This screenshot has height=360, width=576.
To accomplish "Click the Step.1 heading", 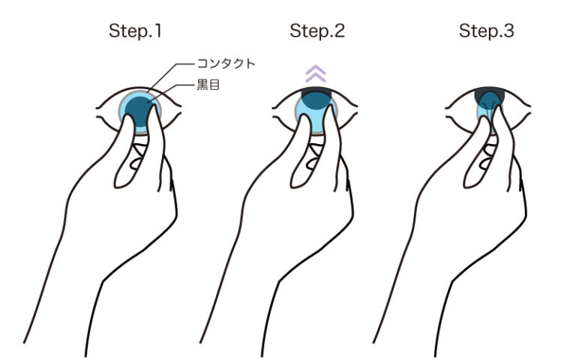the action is tap(135, 31).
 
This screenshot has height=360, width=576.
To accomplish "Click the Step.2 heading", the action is tap(317, 31).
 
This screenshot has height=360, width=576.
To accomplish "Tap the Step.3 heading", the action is tap(486, 31).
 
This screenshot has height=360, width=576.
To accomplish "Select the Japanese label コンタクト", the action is tap(226, 64).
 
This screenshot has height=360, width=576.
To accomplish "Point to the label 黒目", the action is tap(208, 85).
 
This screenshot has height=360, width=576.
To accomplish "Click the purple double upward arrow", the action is tap(316, 73).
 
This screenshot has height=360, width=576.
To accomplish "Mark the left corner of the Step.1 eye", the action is tap(97, 108).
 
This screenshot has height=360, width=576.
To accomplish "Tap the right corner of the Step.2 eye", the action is tap(357, 106).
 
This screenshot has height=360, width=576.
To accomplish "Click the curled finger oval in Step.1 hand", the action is tap(136, 163).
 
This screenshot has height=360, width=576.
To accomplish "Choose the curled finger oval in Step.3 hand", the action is tap(485, 163).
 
